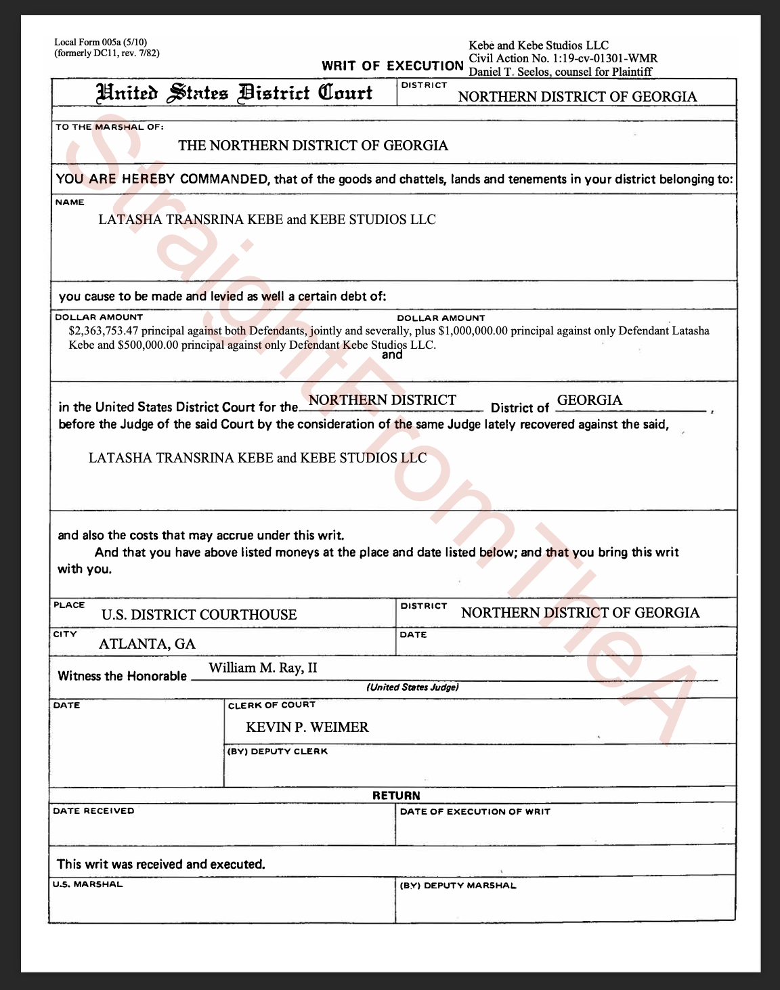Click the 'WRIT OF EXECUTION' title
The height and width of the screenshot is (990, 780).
point(392,66)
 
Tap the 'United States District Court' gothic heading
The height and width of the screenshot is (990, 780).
point(235,93)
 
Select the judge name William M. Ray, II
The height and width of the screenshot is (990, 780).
point(263,668)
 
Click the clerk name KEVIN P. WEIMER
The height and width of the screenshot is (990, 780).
point(307,727)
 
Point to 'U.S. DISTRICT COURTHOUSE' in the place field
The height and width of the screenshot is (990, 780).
point(199,615)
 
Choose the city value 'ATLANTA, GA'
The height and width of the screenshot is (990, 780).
point(147,644)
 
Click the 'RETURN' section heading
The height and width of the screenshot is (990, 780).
point(396,796)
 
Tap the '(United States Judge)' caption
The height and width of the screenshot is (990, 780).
point(412,687)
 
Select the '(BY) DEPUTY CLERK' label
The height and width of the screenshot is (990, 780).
point(278,751)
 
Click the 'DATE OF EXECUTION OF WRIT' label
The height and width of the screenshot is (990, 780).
point(475,811)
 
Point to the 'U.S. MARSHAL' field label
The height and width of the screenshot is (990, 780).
point(88,884)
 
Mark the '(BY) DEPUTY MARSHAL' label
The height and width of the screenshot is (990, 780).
point(458,885)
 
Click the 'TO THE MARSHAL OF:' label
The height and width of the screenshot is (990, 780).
point(109,127)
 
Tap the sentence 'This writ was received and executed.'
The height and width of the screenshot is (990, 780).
point(161,864)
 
